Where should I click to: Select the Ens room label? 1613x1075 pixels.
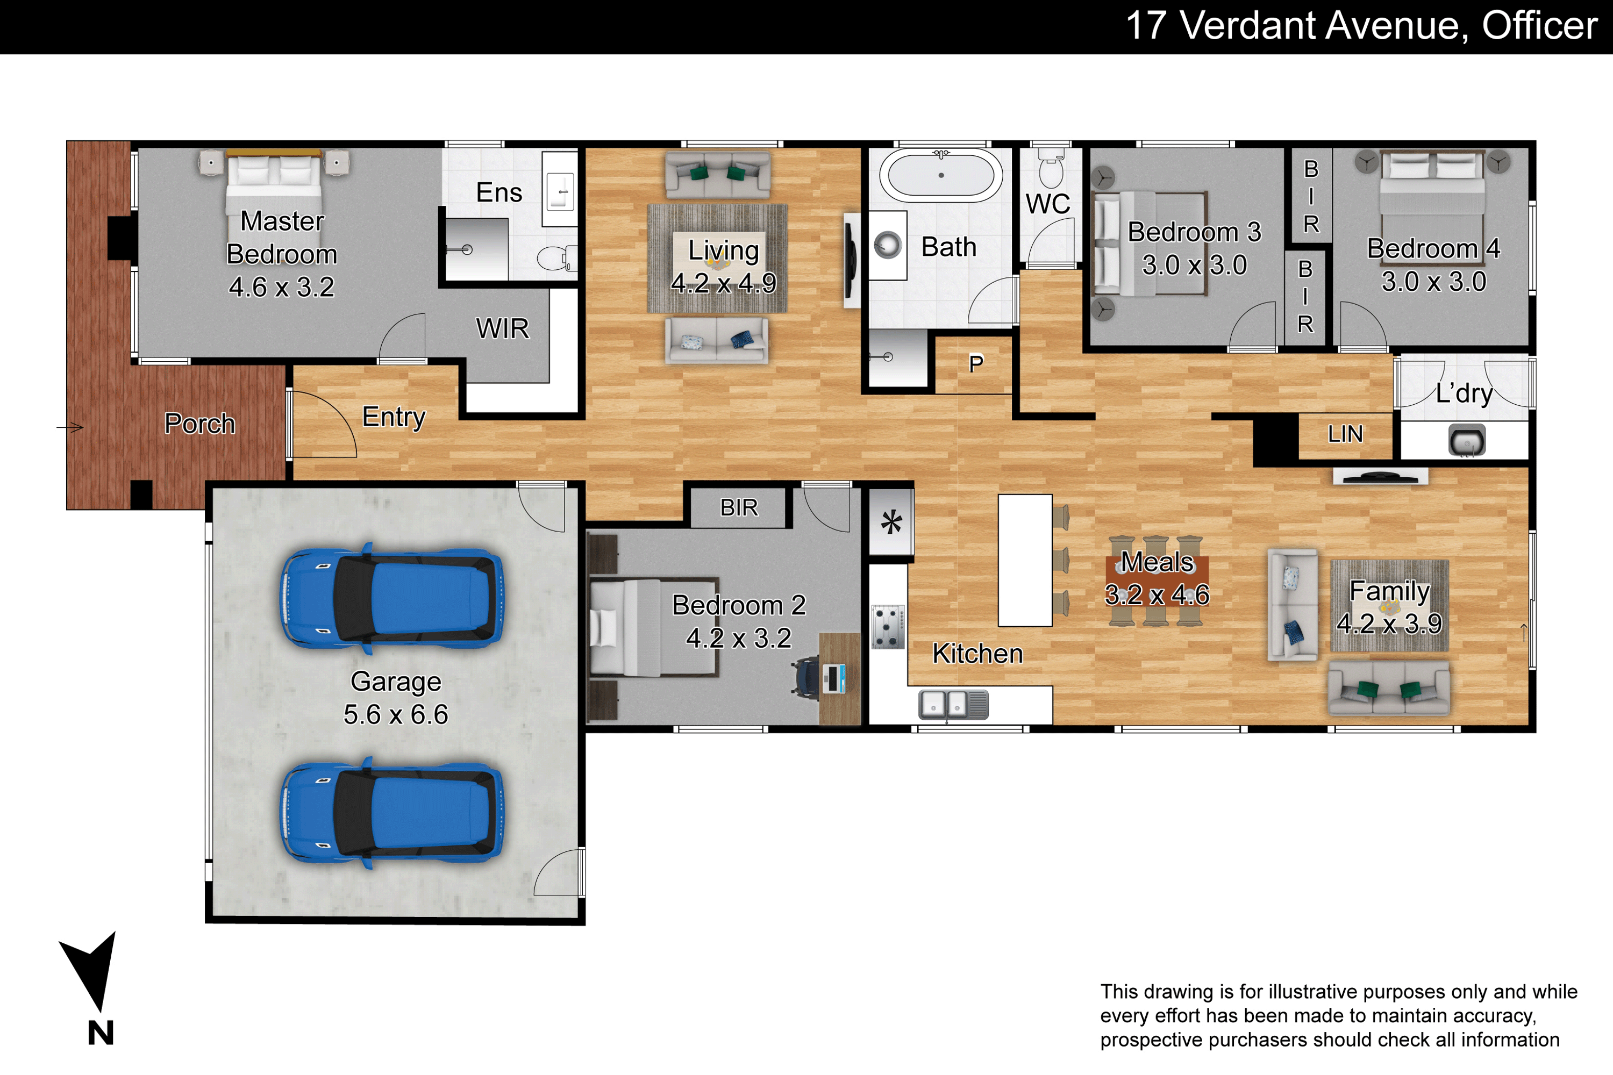(499, 192)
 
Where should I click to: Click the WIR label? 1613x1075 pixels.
(503, 328)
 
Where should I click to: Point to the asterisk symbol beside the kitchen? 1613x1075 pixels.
(891, 522)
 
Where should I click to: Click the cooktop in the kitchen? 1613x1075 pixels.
(888, 627)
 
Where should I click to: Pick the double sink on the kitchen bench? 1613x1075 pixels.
(953, 704)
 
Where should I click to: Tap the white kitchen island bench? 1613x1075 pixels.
(1025, 560)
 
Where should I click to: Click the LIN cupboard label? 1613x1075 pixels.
(1345, 434)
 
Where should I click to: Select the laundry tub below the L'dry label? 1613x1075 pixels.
(1467, 440)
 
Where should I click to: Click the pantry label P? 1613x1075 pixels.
(976, 363)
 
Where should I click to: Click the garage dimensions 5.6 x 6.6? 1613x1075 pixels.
(396, 714)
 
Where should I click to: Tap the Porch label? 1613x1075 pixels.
(199, 424)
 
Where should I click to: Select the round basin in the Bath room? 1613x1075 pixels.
(888, 245)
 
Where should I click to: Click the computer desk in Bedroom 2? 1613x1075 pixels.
(839, 679)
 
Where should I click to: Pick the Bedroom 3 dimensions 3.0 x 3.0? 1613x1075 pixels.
(1194, 264)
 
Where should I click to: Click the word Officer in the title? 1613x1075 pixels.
(1540, 25)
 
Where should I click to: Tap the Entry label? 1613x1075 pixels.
(394, 417)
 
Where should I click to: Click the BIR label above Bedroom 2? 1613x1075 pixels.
(739, 507)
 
